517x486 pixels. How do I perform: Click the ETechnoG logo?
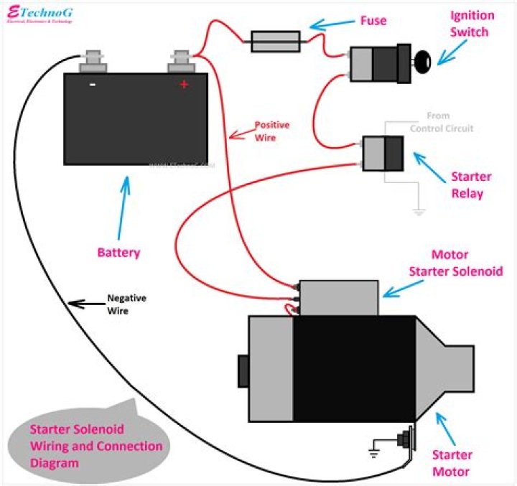39,15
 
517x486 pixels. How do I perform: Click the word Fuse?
373,21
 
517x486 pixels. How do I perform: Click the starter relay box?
383,153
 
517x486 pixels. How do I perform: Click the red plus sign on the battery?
184,85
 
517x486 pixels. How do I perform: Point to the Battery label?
118,253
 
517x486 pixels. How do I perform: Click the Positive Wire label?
272,130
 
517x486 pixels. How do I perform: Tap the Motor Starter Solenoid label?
456,263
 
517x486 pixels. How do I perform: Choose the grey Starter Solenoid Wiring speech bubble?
87,444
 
